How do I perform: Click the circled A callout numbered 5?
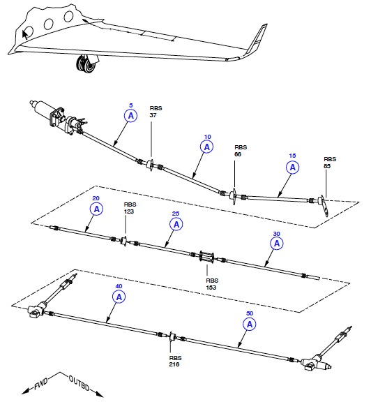(x=131, y=116)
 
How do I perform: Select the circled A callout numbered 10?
(x=206, y=147)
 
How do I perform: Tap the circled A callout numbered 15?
(x=293, y=167)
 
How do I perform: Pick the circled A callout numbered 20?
(x=97, y=209)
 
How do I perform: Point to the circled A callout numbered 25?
(x=176, y=225)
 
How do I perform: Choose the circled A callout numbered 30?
(x=277, y=244)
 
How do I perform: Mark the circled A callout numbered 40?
(x=119, y=297)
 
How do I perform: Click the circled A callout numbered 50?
(x=250, y=325)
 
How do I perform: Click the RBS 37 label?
(x=156, y=112)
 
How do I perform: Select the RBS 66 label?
(x=241, y=151)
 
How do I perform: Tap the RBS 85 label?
(x=330, y=163)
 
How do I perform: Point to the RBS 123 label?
(x=130, y=208)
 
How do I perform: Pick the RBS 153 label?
(x=212, y=284)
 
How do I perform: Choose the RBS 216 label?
(x=175, y=361)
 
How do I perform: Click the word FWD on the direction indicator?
(x=41, y=384)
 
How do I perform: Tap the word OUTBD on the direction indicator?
(x=79, y=383)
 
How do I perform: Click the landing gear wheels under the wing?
(x=86, y=64)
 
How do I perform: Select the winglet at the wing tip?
(x=256, y=40)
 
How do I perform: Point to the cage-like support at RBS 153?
(x=206, y=257)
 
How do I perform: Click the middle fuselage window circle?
(x=48, y=24)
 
